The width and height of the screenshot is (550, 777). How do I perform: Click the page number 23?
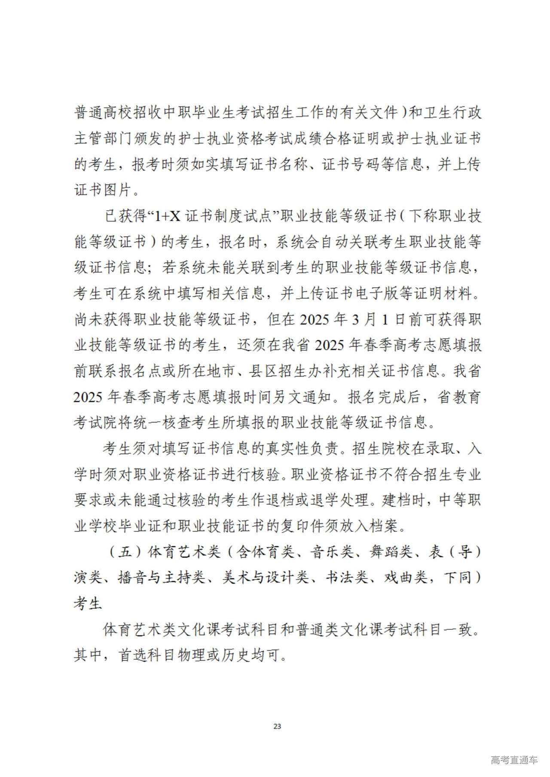(x=277, y=726)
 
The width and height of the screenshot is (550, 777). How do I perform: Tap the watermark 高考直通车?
(x=514, y=760)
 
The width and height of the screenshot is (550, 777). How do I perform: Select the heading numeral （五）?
(x=125, y=552)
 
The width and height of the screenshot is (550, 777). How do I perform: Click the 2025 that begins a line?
(x=88, y=397)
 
